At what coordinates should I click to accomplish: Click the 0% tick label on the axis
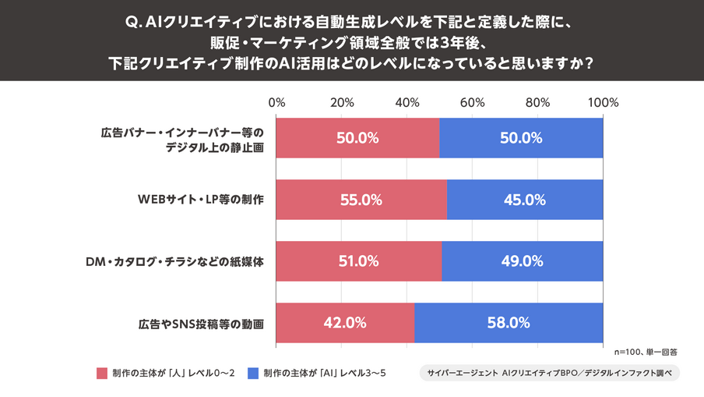(x=276, y=102)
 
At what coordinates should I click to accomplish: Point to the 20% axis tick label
(x=342, y=102)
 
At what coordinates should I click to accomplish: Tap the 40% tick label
(x=407, y=102)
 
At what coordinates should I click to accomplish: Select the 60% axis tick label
(x=473, y=102)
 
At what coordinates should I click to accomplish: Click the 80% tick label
(x=537, y=102)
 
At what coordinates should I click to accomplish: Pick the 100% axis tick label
(x=603, y=102)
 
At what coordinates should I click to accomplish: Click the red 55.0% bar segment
(x=361, y=200)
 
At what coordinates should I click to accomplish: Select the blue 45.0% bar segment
(x=524, y=200)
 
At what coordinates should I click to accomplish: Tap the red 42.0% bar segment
(x=345, y=323)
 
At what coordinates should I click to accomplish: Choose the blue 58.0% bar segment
(x=509, y=323)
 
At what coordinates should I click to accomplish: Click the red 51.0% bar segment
(x=358, y=261)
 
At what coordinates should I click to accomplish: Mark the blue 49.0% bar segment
(x=522, y=261)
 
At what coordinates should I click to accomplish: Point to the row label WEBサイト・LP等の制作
(x=201, y=200)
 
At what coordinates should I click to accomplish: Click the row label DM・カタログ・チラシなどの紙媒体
(x=174, y=262)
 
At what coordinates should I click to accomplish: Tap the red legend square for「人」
(x=101, y=373)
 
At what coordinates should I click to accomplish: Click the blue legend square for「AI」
(x=253, y=373)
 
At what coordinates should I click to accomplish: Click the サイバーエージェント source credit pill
(x=549, y=373)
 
